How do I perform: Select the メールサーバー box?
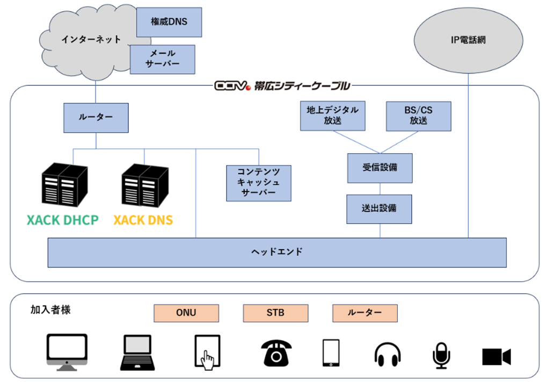pyautogui.click(x=162, y=59)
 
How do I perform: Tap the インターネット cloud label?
pyautogui.click(x=91, y=39)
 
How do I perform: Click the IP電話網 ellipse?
pyautogui.click(x=468, y=40)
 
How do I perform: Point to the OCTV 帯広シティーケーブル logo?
pyautogui.click(x=282, y=85)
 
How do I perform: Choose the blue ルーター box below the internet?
pyautogui.click(x=96, y=118)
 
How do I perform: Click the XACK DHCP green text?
pyautogui.click(x=63, y=220)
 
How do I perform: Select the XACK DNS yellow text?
pyautogui.click(x=143, y=220)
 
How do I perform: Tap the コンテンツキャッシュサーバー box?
pyautogui.click(x=258, y=183)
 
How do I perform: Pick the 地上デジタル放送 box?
pyautogui.click(x=332, y=116)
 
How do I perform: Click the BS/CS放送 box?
pyautogui.click(x=418, y=116)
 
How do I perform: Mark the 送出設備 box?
pyautogui.click(x=380, y=209)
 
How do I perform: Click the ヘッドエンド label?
pyautogui.click(x=277, y=252)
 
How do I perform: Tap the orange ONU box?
pyautogui.click(x=186, y=313)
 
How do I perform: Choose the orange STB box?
pyautogui.click(x=275, y=313)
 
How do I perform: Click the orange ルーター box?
pyautogui.click(x=365, y=313)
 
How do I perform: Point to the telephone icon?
pyautogui.click(x=276, y=353)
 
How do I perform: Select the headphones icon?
pyautogui.click(x=388, y=354)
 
